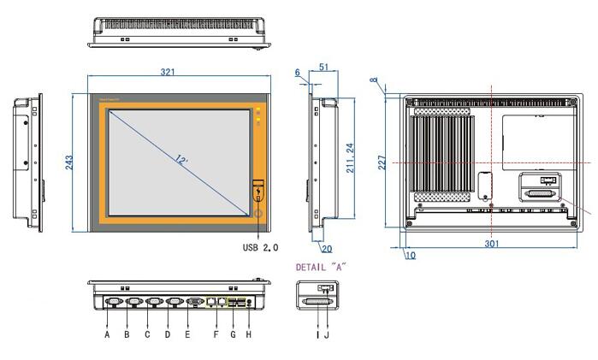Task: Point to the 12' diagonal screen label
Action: point(181,160)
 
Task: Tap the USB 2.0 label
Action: point(261,247)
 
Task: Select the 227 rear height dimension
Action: point(383,160)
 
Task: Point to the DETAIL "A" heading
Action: point(320,267)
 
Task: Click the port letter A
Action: point(107,334)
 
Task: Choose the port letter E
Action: point(188,334)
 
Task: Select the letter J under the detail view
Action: point(324,334)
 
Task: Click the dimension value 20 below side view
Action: point(326,249)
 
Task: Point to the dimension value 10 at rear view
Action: point(410,255)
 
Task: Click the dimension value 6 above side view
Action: point(298,74)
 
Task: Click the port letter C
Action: point(147,334)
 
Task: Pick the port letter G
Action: point(231,334)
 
